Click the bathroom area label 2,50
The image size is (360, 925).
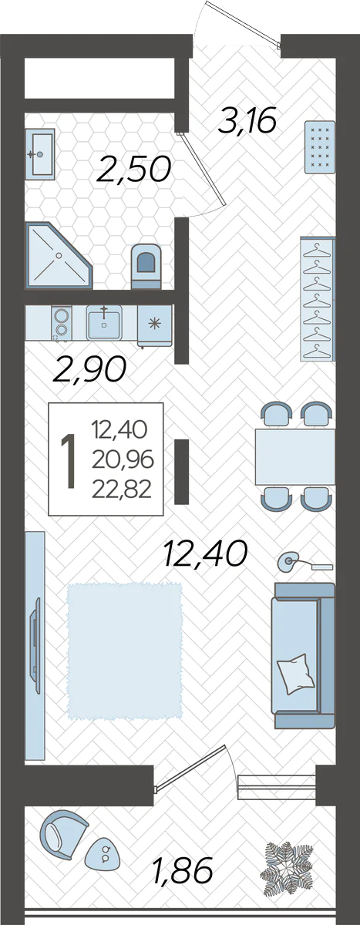pyautogui.click(x=133, y=169)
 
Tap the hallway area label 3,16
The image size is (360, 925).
pyautogui.click(x=247, y=120)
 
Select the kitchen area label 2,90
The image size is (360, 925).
pyautogui.click(x=89, y=368)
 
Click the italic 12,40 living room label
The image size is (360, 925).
pyautogui.click(x=206, y=553)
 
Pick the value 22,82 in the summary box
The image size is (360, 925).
pyautogui.click(x=122, y=490)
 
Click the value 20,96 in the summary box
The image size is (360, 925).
pyautogui.click(x=123, y=459)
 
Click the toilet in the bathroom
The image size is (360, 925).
pyautogui.click(x=146, y=267)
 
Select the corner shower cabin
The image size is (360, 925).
pyautogui.click(x=58, y=256)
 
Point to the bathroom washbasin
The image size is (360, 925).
pyautogui.click(x=39, y=155)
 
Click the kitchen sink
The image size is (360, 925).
pyautogui.click(x=104, y=322)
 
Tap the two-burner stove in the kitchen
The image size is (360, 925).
pyautogui.click(x=61, y=322)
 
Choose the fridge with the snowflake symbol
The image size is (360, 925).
pyautogui.click(x=154, y=325)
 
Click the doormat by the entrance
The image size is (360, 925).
pyautogui.click(x=320, y=147)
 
